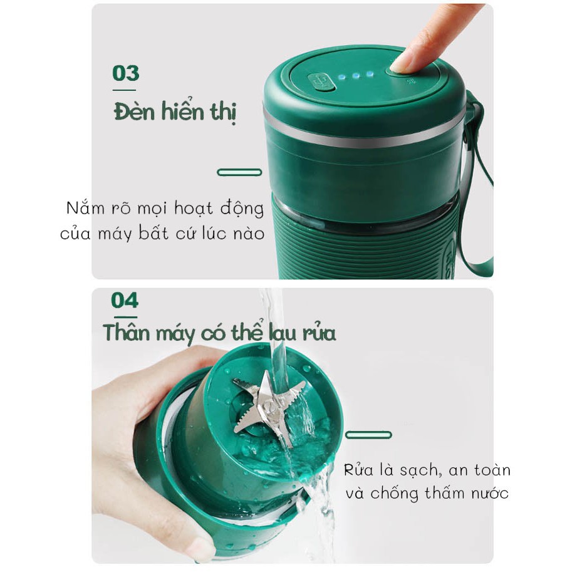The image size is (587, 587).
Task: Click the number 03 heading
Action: (x=125, y=73)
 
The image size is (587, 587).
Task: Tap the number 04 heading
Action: (x=124, y=301)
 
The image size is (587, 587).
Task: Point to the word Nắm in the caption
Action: (x=84, y=209)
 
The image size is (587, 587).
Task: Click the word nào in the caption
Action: (x=248, y=234)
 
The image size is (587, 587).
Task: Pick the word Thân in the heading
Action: (x=126, y=332)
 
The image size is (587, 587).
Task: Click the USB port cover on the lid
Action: (x=321, y=82)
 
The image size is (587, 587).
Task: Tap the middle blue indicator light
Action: (x=355, y=75)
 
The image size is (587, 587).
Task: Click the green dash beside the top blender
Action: (x=239, y=172)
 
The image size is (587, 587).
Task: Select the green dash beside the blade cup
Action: (x=368, y=435)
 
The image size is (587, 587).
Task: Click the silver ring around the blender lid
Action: (x=363, y=138)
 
